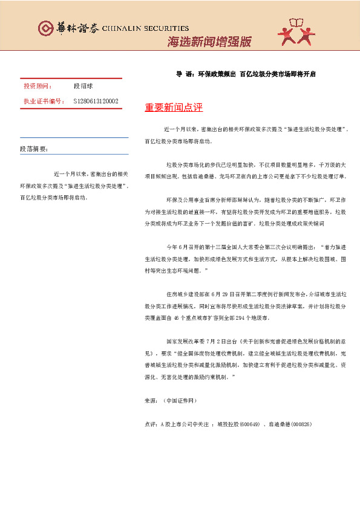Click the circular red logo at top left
click(x=45, y=28)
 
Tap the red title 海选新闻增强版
click(x=209, y=42)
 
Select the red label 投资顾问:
click(x=38, y=86)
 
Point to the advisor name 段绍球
click(x=83, y=86)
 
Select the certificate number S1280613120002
click(x=96, y=101)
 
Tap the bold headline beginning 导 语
click(x=246, y=74)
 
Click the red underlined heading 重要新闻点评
click(x=174, y=108)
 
